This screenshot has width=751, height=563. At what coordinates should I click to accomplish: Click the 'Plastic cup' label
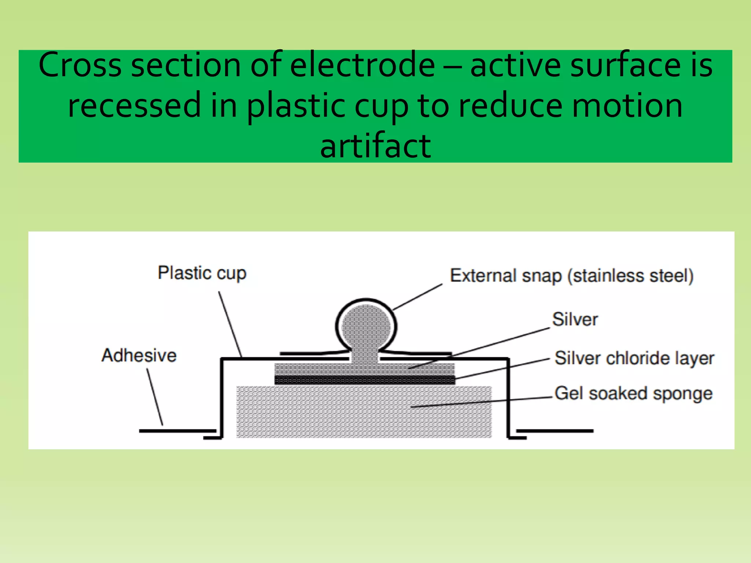point(202,273)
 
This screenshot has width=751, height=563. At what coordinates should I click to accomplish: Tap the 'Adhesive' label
point(139,356)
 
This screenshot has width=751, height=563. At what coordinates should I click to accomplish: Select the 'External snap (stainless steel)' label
point(571,276)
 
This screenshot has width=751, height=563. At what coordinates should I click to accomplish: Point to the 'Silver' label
point(575,319)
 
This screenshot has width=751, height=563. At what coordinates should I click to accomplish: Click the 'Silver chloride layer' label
point(634,358)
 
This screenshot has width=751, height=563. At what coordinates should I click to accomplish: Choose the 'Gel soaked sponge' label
point(633,394)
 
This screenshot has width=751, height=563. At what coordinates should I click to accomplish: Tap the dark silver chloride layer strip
point(364,380)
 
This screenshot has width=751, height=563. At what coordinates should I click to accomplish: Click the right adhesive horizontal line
point(555,431)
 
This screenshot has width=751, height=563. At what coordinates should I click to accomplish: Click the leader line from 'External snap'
point(417,297)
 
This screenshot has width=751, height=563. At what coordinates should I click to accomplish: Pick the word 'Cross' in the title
point(80,65)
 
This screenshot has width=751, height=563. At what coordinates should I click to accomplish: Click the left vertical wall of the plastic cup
point(221,398)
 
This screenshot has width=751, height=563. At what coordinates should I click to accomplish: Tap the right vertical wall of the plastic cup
point(508,398)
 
